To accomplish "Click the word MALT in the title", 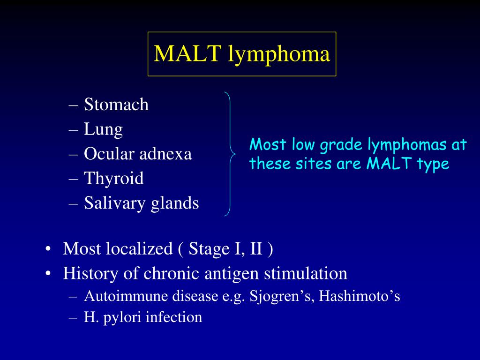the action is (188, 53).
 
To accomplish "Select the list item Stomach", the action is (116, 104).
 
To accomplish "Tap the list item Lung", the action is (104, 129).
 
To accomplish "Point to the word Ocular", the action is (109, 153).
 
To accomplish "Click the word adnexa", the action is (165, 154).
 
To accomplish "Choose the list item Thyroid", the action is (114, 179).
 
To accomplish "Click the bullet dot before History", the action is (48, 273).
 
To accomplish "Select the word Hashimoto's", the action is (360, 296).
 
